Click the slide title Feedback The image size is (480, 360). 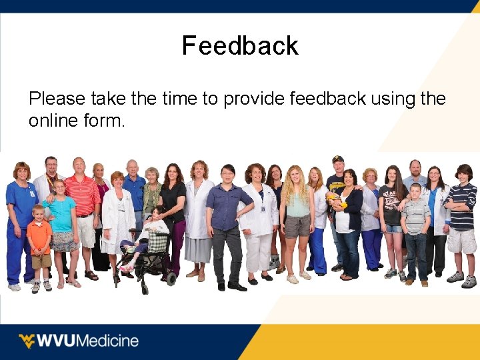[240, 46]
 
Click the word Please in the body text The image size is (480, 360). [57, 99]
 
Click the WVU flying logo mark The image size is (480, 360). [27, 341]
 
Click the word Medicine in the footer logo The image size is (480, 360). [108, 341]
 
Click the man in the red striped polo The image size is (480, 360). [83, 200]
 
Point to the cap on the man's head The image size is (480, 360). [338, 159]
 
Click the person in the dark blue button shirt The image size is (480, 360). [228, 213]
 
